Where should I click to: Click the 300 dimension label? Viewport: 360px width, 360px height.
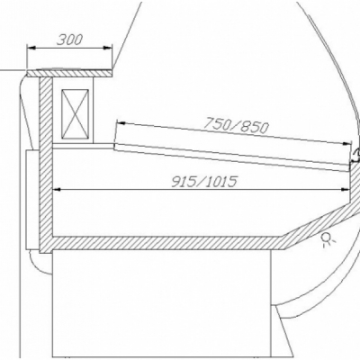[69, 40]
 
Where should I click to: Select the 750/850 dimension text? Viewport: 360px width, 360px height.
[236, 125]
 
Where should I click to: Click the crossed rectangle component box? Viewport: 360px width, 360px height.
[75, 113]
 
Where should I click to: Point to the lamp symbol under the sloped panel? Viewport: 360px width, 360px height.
[326, 239]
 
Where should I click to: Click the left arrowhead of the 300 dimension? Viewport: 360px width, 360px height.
[31, 48]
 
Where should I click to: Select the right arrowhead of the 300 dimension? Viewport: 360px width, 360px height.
[108, 48]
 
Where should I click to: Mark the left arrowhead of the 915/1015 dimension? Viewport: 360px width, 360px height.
[57, 190]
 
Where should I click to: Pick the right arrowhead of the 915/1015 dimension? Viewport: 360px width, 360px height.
[346, 190]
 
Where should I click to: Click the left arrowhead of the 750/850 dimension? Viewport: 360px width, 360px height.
[121, 122]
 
